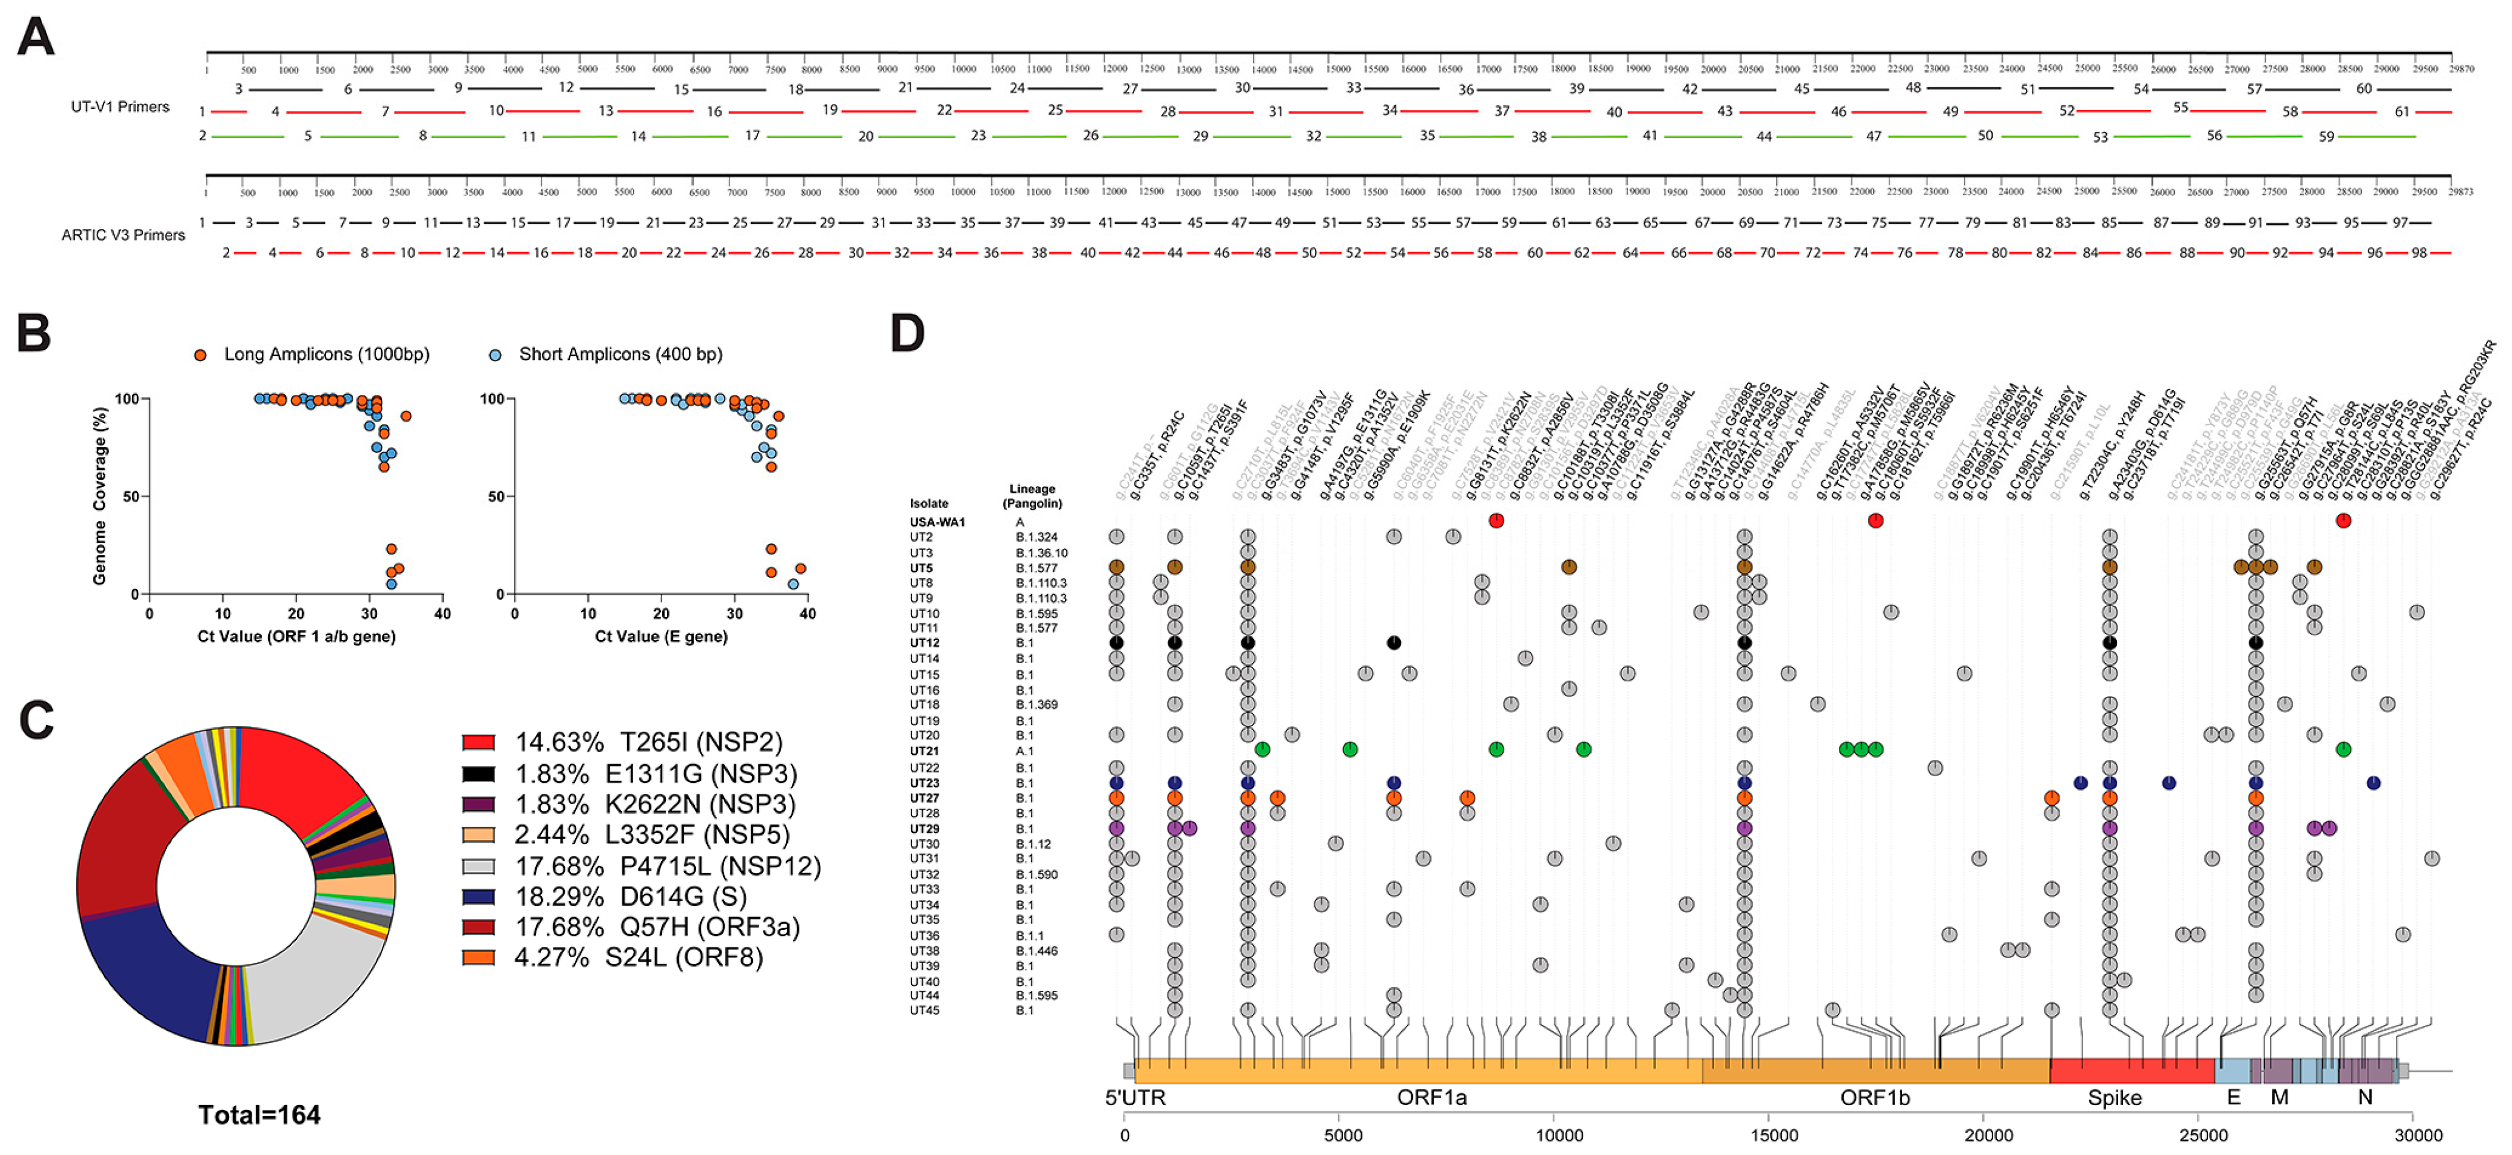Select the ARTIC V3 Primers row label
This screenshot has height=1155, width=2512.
(x=123, y=235)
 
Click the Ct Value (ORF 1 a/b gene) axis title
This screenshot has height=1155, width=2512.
(x=296, y=636)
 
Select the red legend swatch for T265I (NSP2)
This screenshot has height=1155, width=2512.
(x=478, y=743)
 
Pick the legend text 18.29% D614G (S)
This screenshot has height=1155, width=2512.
(x=630, y=897)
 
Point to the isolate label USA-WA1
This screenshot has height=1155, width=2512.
(x=937, y=522)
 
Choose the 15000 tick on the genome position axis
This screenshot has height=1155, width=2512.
(x=1774, y=1135)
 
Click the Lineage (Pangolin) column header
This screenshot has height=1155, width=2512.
(x=1032, y=496)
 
